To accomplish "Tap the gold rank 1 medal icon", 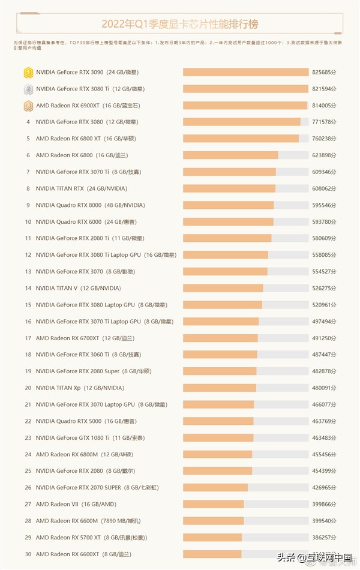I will (28, 73).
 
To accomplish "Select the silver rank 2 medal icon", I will (28, 89).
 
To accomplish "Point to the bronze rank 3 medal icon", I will (28, 106).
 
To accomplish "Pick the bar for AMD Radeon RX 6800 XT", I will (241, 139).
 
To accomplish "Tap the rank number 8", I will (28, 188).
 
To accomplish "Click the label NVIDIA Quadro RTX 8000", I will (69, 205).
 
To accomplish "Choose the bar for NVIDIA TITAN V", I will (223, 288).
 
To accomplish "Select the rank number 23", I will (28, 437).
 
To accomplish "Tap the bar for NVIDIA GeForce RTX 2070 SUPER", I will (215, 487).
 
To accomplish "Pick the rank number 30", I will (28, 554).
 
